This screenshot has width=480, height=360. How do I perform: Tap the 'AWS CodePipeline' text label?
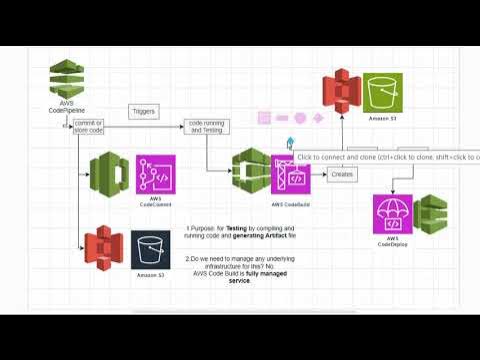coord(65,107)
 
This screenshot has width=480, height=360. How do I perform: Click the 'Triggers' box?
coord(144,112)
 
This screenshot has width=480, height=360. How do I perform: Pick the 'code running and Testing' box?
coord(205,127)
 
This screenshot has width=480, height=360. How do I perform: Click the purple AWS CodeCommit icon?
coord(155,174)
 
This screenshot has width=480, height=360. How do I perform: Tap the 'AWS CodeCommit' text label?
coord(155,203)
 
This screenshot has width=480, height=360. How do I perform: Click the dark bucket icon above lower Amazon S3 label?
coord(150,250)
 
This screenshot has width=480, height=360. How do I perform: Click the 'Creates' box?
coord(342,175)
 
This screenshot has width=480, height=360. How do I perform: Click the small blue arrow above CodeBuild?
coord(290,143)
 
